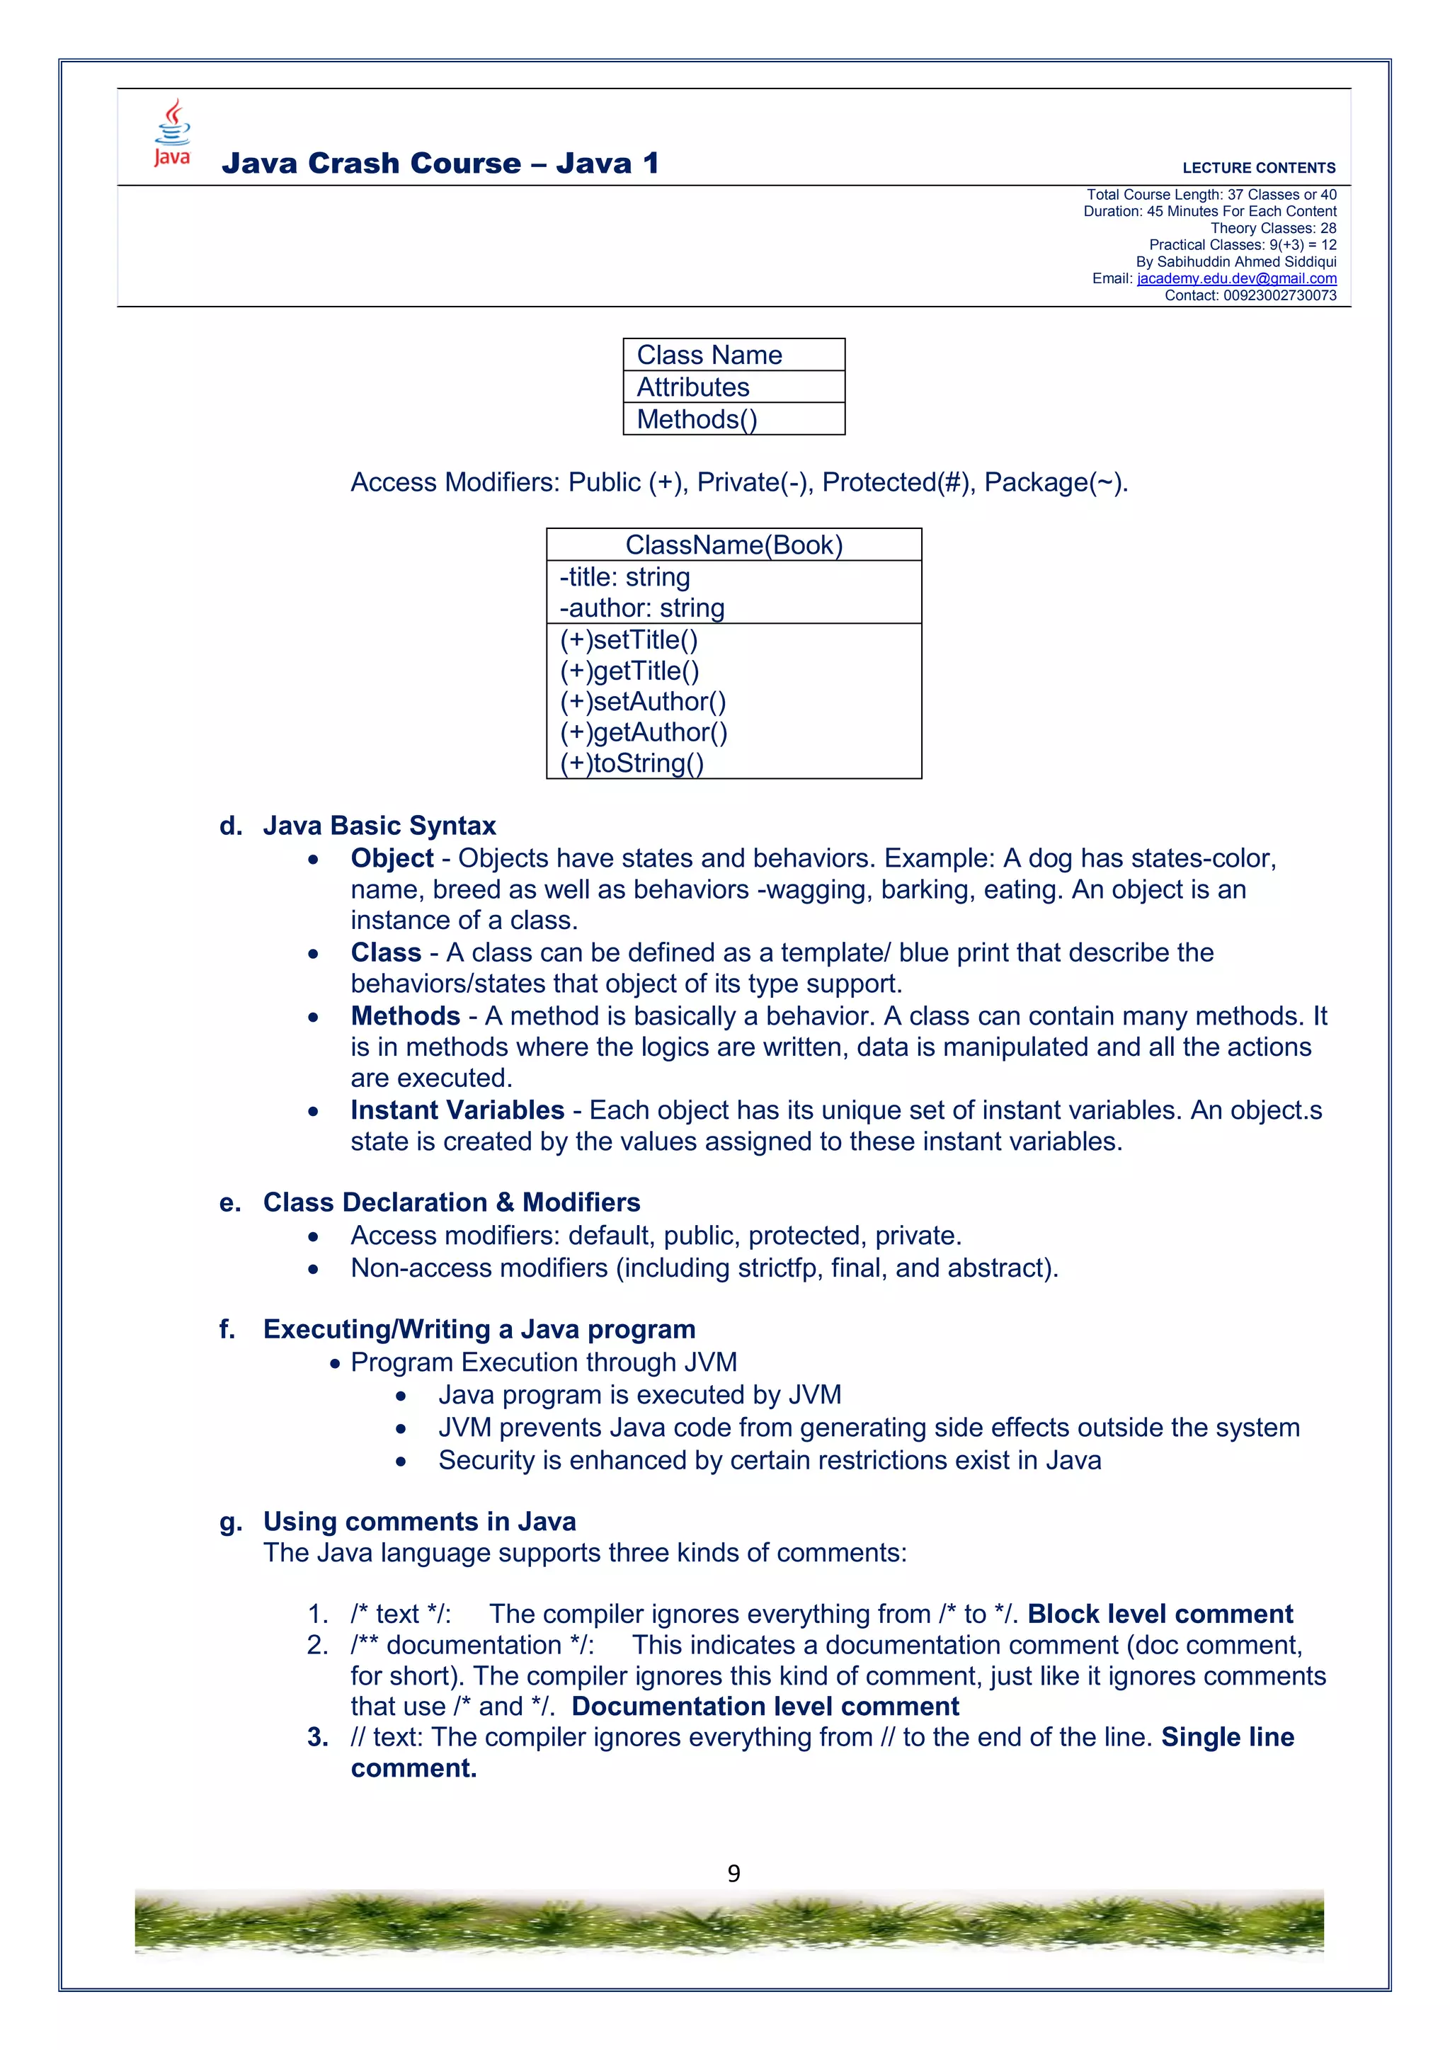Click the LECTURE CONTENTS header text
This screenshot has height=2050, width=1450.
pos(1258,168)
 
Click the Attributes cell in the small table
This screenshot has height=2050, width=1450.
pos(693,387)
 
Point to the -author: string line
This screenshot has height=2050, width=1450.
pos(642,608)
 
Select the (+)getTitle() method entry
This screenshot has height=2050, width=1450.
pos(629,671)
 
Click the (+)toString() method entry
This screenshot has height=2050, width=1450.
pos(632,763)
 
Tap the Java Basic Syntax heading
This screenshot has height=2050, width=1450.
pos(379,826)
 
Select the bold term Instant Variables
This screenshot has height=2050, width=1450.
pos(457,1110)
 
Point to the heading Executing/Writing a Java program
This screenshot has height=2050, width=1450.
pos(479,1329)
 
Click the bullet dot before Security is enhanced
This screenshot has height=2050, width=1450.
pos(401,1462)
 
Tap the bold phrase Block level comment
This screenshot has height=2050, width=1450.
pos(1159,1615)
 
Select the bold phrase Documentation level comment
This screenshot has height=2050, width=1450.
pos(765,1707)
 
